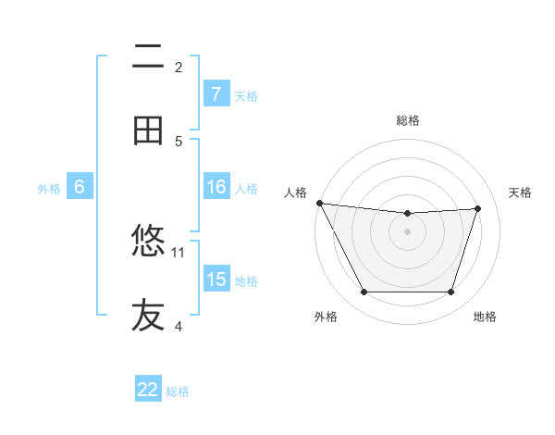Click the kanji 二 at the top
click(148, 57)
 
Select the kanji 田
click(148, 131)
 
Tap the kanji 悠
click(148, 242)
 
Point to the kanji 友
click(148, 316)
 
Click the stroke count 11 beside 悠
click(179, 252)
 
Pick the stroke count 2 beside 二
click(179, 67)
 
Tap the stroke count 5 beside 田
click(179, 141)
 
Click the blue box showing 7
click(216, 93)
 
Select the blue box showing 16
click(216, 187)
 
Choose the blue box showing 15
click(216, 280)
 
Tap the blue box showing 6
click(80, 187)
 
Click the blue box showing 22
click(148, 390)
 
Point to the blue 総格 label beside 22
click(178, 391)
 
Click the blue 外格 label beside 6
click(49, 189)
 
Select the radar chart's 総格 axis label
click(408, 120)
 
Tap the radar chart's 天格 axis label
click(521, 193)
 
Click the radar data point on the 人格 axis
click(319, 203)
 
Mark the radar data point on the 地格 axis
click(451, 292)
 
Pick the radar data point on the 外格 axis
click(364, 292)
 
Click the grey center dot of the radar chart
click(408, 231)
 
